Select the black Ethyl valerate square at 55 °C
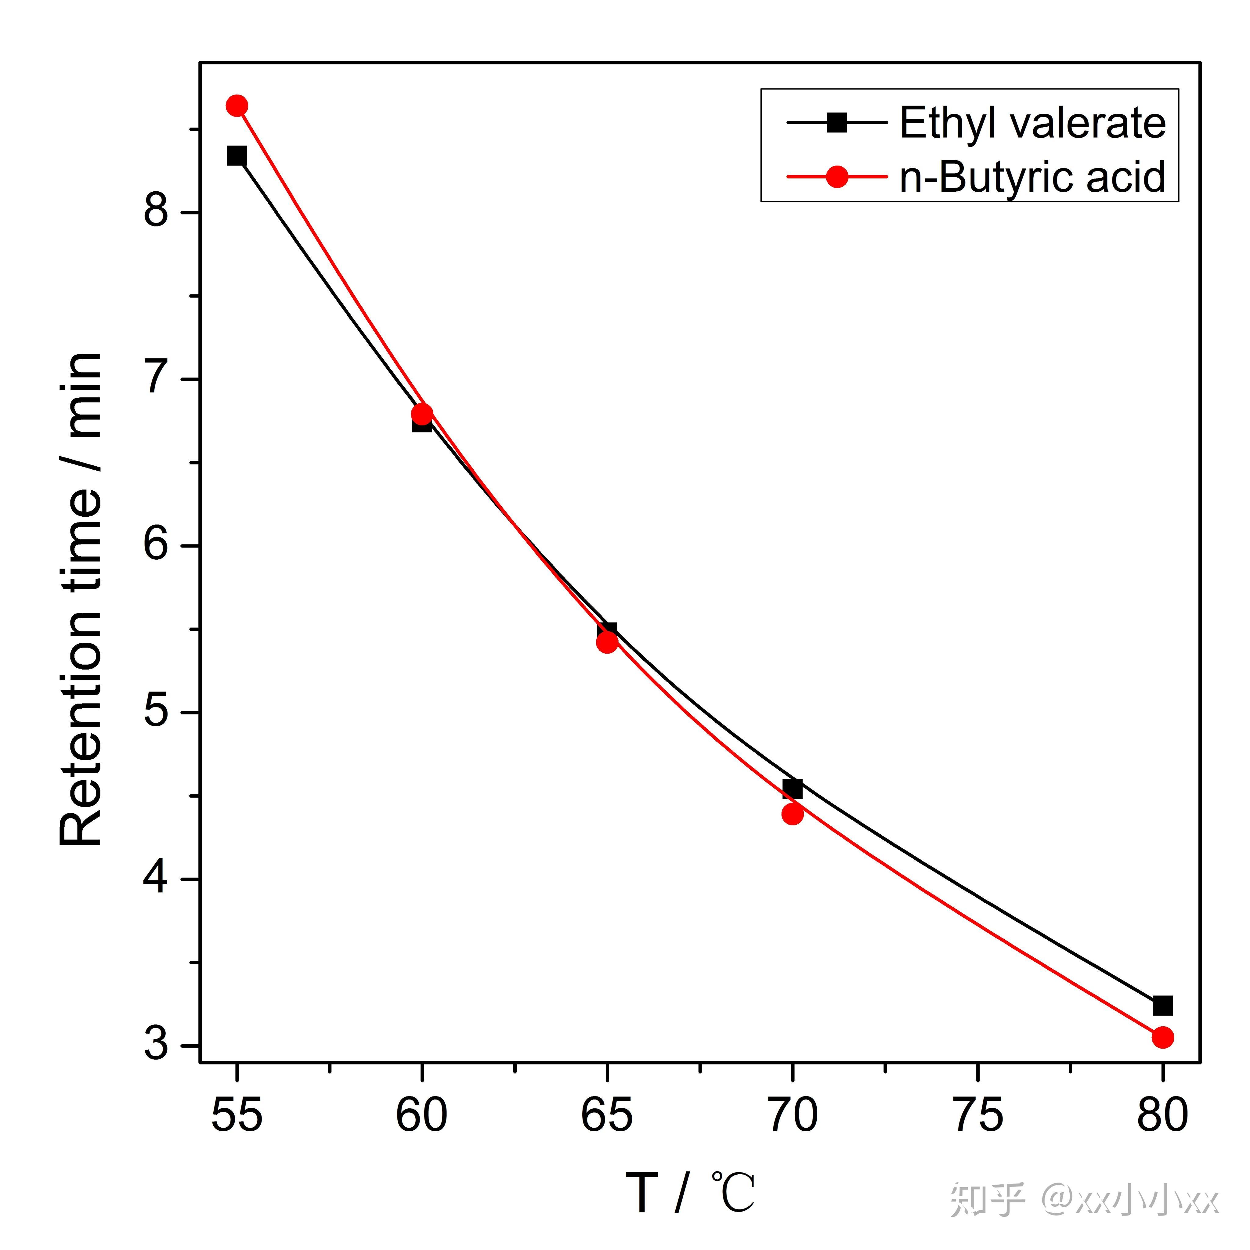pyautogui.click(x=237, y=156)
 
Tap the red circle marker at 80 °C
pyautogui.click(x=1163, y=1037)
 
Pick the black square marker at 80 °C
pyautogui.click(x=1163, y=1006)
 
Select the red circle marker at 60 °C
pyautogui.click(x=422, y=414)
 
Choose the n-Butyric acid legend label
pyautogui.click(x=1033, y=177)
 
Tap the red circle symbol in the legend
pyautogui.click(x=837, y=177)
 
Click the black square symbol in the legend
pyautogui.click(x=837, y=122)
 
